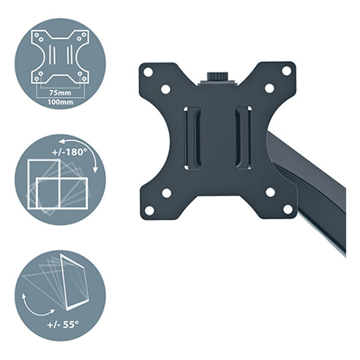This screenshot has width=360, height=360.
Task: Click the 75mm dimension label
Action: [60, 93]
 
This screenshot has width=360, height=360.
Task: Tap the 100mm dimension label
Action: [61, 102]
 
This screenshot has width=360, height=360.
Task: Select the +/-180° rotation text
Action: [70, 152]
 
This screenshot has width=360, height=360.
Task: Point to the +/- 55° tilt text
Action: [62, 325]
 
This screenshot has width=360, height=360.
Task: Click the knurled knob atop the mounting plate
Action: [217, 76]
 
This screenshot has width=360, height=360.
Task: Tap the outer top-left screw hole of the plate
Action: [148, 72]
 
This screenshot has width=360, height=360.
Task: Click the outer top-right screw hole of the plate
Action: [286, 71]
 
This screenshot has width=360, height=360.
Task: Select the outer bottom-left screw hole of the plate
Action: [149, 211]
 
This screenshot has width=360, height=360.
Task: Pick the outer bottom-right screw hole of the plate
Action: [287, 209]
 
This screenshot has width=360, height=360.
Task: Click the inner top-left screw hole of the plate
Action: [166, 89]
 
